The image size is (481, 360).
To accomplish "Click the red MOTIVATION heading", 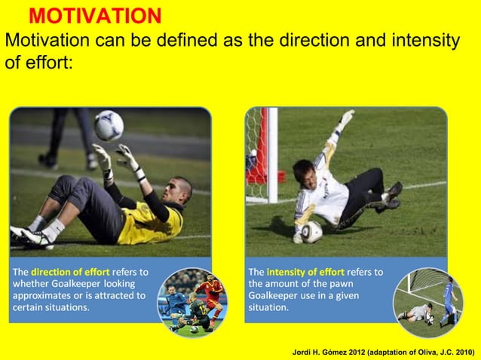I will pos(95,16).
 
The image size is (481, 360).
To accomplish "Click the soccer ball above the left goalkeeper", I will pos(109,125).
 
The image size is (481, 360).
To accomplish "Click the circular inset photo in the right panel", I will pos(427,301).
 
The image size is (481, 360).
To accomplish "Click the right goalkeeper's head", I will pos(303,171).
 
